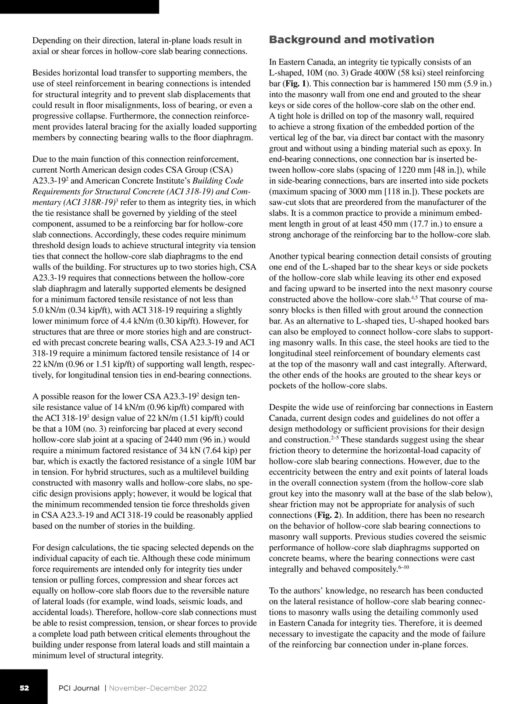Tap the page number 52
(24, 688)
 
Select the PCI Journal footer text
(79, 688)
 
